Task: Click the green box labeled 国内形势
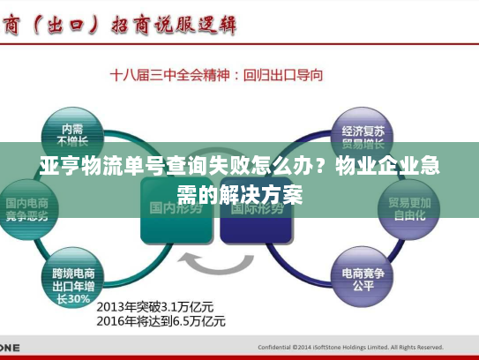tap(176, 213)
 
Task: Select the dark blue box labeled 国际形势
tap(255, 213)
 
